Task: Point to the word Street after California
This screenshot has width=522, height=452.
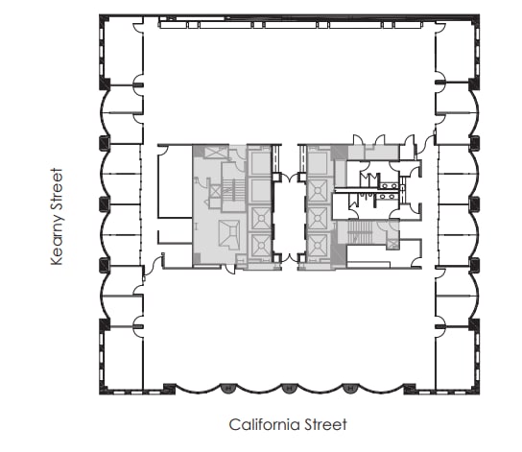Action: [x=323, y=423]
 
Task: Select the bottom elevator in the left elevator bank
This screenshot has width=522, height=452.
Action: [x=259, y=247]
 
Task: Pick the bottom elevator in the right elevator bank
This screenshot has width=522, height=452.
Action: [x=318, y=247]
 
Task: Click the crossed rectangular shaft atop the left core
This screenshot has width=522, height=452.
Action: [x=213, y=153]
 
